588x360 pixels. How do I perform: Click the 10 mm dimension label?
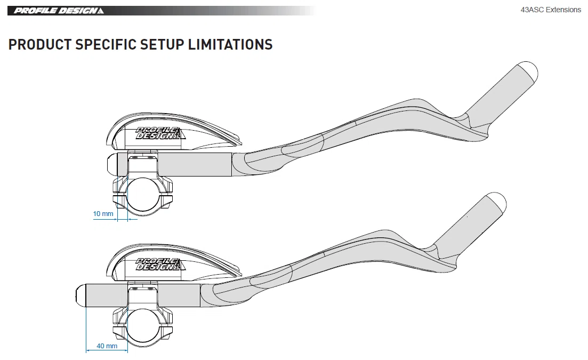[103, 214]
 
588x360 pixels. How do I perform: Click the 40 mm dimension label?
[107, 346]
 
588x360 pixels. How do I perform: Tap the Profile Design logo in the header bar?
[59, 11]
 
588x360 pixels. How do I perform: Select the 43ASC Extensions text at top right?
[551, 10]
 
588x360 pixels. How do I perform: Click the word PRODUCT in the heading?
[40, 44]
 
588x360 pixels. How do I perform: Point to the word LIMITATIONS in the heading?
[230, 44]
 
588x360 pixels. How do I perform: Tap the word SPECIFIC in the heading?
[106, 44]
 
